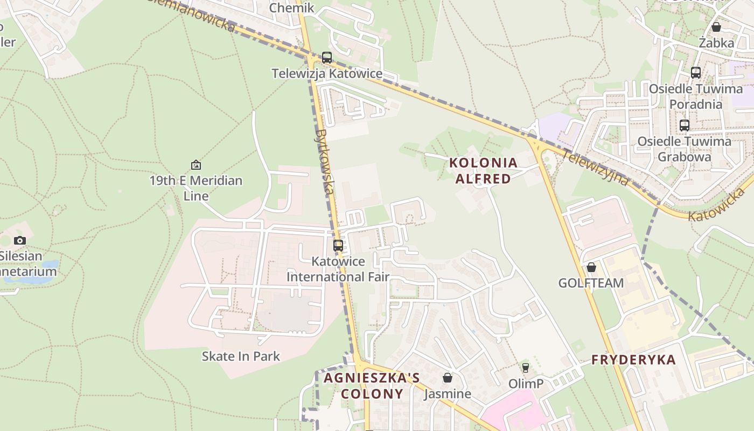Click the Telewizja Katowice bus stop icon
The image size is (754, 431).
pyautogui.click(x=326, y=58)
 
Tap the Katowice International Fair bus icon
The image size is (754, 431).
pyautogui.click(x=338, y=246)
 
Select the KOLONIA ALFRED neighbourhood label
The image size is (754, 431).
pyautogui.click(x=483, y=171)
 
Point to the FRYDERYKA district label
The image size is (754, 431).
pyautogui.click(x=633, y=360)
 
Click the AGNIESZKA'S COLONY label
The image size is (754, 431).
pyautogui.click(x=372, y=386)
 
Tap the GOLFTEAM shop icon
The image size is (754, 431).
pyautogui.click(x=591, y=267)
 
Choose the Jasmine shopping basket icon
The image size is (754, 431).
pyautogui.click(x=448, y=378)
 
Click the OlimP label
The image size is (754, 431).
pyautogui.click(x=526, y=384)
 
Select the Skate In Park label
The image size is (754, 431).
pyautogui.click(x=241, y=356)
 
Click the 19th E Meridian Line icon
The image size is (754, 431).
pyautogui.click(x=196, y=165)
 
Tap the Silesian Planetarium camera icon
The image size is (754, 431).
pyautogui.click(x=20, y=240)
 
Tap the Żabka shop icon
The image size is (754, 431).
pyautogui.click(x=716, y=27)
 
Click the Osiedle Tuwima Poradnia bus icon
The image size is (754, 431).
pyautogui.click(x=696, y=73)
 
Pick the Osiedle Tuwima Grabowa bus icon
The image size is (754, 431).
pyautogui.click(x=685, y=126)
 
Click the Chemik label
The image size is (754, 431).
pyautogui.click(x=291, y=8)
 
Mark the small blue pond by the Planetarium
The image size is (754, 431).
pyautogui.click(x=50, y=265)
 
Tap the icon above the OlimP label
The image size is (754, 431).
pyautogui.click(x=526, y=368)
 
